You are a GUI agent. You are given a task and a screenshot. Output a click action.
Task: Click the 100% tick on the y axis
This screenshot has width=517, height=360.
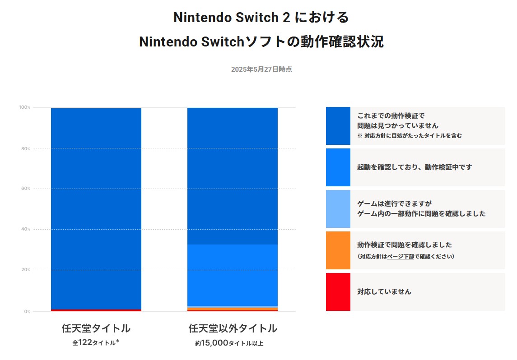[24, 107]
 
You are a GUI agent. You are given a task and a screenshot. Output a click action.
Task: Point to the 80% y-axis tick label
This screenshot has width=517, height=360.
[25, 148]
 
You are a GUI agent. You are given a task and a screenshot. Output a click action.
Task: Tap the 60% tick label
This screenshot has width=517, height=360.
[25, 189]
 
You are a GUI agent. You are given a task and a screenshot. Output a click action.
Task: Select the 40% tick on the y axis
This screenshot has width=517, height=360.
[25, 229]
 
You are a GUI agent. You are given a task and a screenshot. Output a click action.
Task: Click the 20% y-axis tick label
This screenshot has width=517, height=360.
[25, 270]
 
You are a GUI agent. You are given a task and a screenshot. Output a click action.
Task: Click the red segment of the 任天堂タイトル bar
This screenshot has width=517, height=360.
[96, 310]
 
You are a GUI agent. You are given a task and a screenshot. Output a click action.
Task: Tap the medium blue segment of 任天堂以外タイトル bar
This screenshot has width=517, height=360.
[233, 275]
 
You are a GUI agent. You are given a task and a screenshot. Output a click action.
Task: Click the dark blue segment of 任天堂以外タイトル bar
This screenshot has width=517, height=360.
[233, 176]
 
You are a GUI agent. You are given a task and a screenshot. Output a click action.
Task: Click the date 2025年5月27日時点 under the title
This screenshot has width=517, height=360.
[261, 69]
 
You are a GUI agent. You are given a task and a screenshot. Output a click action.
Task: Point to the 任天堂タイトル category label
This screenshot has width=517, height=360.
[96, 328]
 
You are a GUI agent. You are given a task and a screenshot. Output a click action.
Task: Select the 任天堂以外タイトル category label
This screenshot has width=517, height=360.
[233, 328]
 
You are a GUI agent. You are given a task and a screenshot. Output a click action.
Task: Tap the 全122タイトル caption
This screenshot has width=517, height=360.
[96, 343]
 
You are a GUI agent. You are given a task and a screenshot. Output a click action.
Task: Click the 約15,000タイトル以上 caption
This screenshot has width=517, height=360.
[229, 343]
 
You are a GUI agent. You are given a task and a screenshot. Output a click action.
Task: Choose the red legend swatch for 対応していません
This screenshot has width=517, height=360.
[338, 292]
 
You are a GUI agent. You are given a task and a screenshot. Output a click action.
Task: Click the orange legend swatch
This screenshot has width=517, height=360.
[338, 250]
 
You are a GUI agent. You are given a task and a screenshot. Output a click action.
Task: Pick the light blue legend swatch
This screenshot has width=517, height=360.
[338, 209]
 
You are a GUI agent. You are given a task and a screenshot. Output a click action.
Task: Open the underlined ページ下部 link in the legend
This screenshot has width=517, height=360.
[401, 257]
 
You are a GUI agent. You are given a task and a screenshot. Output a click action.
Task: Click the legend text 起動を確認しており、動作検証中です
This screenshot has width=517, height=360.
[415, 167]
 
